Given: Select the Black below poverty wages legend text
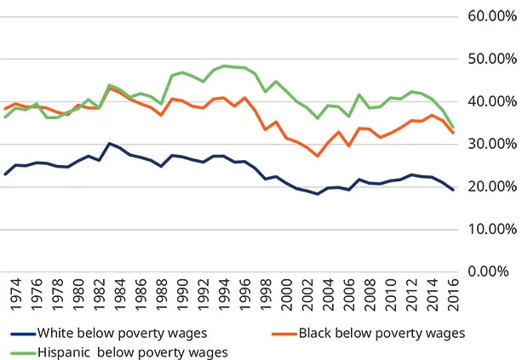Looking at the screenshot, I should tap(382, 333).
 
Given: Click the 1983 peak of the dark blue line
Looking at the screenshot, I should tap(111, 144).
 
